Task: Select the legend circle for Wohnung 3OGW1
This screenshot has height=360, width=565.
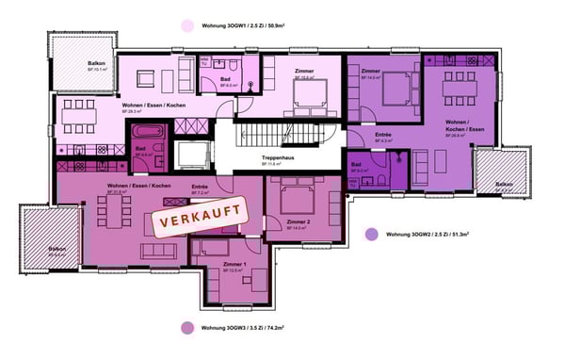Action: point(188,27)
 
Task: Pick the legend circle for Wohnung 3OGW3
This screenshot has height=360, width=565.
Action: point(187,329)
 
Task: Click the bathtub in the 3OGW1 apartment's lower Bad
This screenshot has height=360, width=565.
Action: point(149,132)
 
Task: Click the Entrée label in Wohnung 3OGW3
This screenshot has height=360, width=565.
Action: point(200,187)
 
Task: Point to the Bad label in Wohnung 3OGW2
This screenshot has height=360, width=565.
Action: point(356,165)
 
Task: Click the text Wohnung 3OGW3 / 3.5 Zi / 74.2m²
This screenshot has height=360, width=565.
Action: point(241,329)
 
